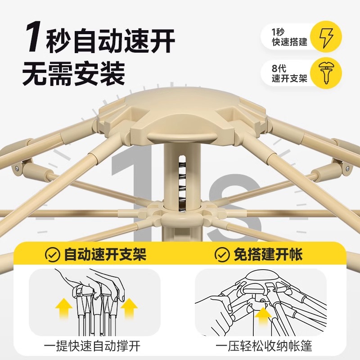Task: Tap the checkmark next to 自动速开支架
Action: click(x=53, y=256)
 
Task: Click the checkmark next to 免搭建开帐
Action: click(x=222, y=256)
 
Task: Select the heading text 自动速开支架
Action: click(x=105, y=256)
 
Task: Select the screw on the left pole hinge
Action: click(x=16, y=168)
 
